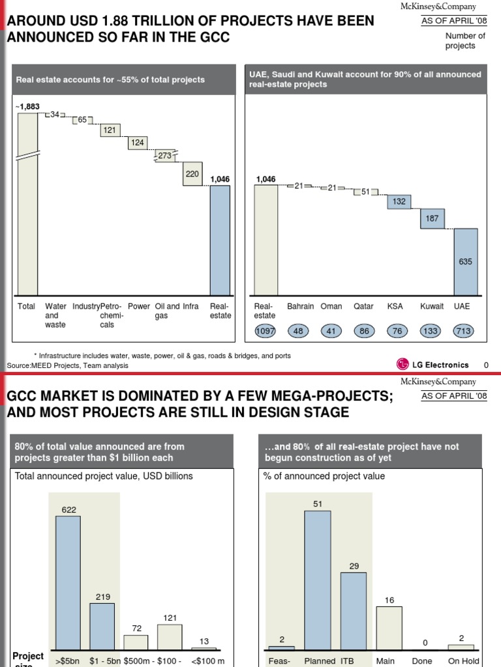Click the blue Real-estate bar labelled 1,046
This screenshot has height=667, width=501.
click(x=220, y=240)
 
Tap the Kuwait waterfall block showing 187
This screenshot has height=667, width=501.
click(x=432, y=219)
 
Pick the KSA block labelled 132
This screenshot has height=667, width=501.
click(x=399, y=202)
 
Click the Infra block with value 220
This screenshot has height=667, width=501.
click(x=192, y=174)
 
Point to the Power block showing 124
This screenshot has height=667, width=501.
click(x=137, y=142)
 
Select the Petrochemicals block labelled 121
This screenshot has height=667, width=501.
click(x=110, y=130)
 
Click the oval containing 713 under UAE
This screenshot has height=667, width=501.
click(x=465, y=332)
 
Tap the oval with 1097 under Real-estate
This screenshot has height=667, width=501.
click(x=265, y=332)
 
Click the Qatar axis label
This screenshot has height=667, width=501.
click(x=364, y=306)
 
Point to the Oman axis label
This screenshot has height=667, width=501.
click(x=331, y=306)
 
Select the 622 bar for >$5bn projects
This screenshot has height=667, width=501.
click(x=68, y=583)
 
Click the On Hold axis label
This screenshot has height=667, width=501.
click(x=463, y=661)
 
